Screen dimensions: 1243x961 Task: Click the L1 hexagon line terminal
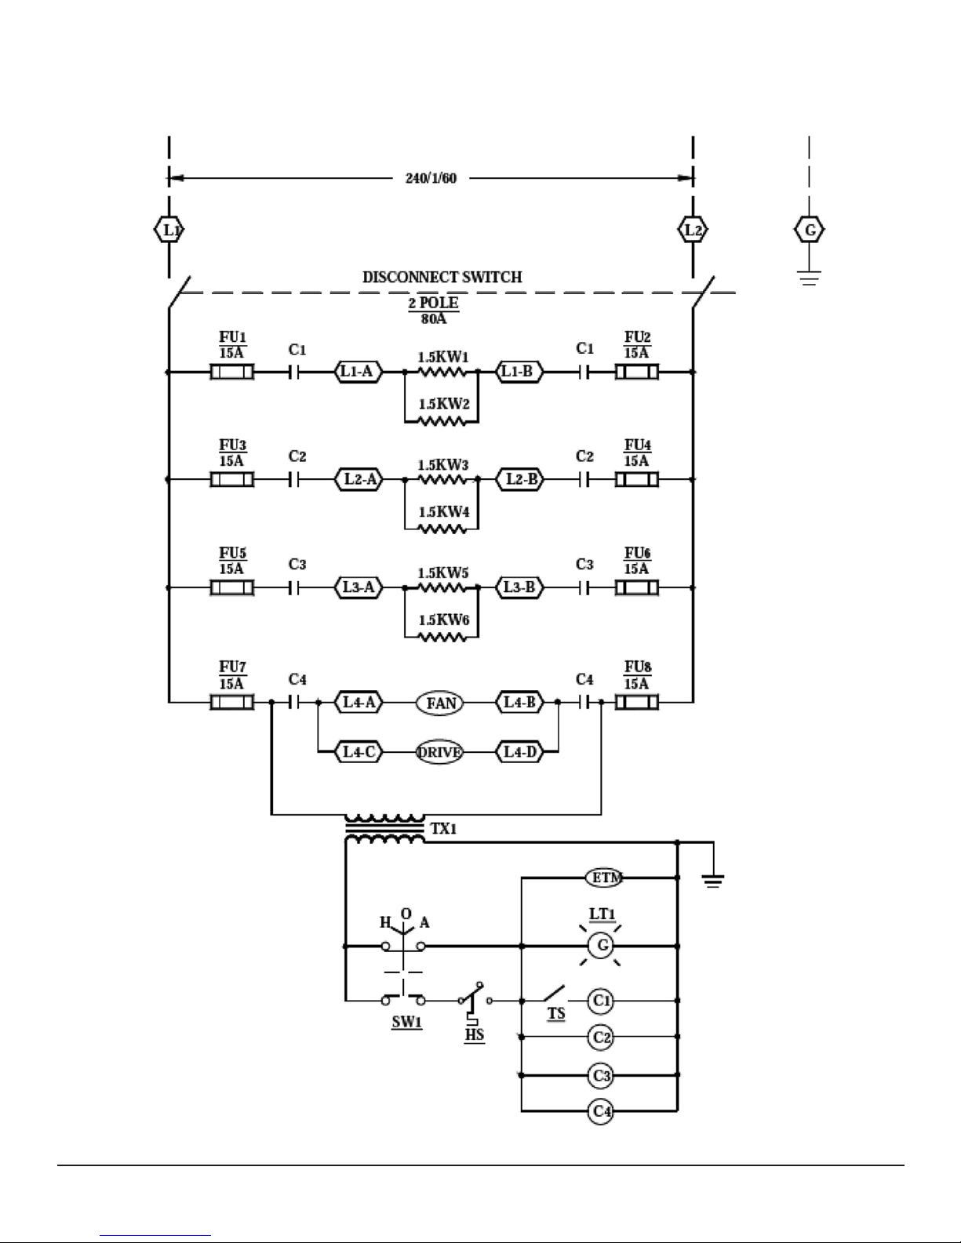pyautogui.click(x=169, y=231)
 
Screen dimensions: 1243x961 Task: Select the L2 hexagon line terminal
pyautogui.click(x=693, y=231)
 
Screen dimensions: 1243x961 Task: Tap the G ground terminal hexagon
pyautogui.click(x=810, y=231)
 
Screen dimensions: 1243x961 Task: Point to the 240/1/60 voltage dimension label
pyautogui.click(x=431, y=178)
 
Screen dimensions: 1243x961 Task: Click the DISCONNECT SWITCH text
pyautogui.click(x=442, y=277)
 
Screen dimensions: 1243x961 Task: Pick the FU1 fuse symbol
pyautogui.click(x=232, y=372)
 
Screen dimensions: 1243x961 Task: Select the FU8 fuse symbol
pyautogui.click(x=637, y=702)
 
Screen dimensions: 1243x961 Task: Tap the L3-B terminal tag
pyautogui.click(x=519, y=587)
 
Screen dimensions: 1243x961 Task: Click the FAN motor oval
pyautogui.click(x=440, y=703)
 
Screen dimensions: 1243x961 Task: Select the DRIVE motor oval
pyautogui.click(x=439, y=752)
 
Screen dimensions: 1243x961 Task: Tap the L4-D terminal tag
pyautogui.click(x=519, y=752)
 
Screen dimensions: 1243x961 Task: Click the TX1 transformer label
pyautogui.click(x=443, y=828)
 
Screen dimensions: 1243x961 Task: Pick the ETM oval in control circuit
pyautogui.click(x=605, y=878)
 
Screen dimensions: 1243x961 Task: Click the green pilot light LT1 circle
pyautogui.click(x=602, y=946)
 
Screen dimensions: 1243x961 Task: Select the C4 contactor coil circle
pyautogui.click(x=602, y=1111)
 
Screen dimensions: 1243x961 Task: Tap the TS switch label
pyautogui.click(x=555, y=1014)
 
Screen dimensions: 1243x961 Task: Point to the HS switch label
pyautogui.click(x=474, y=1034)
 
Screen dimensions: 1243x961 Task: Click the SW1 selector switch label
pyautogui.click(x=407, y=1023)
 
